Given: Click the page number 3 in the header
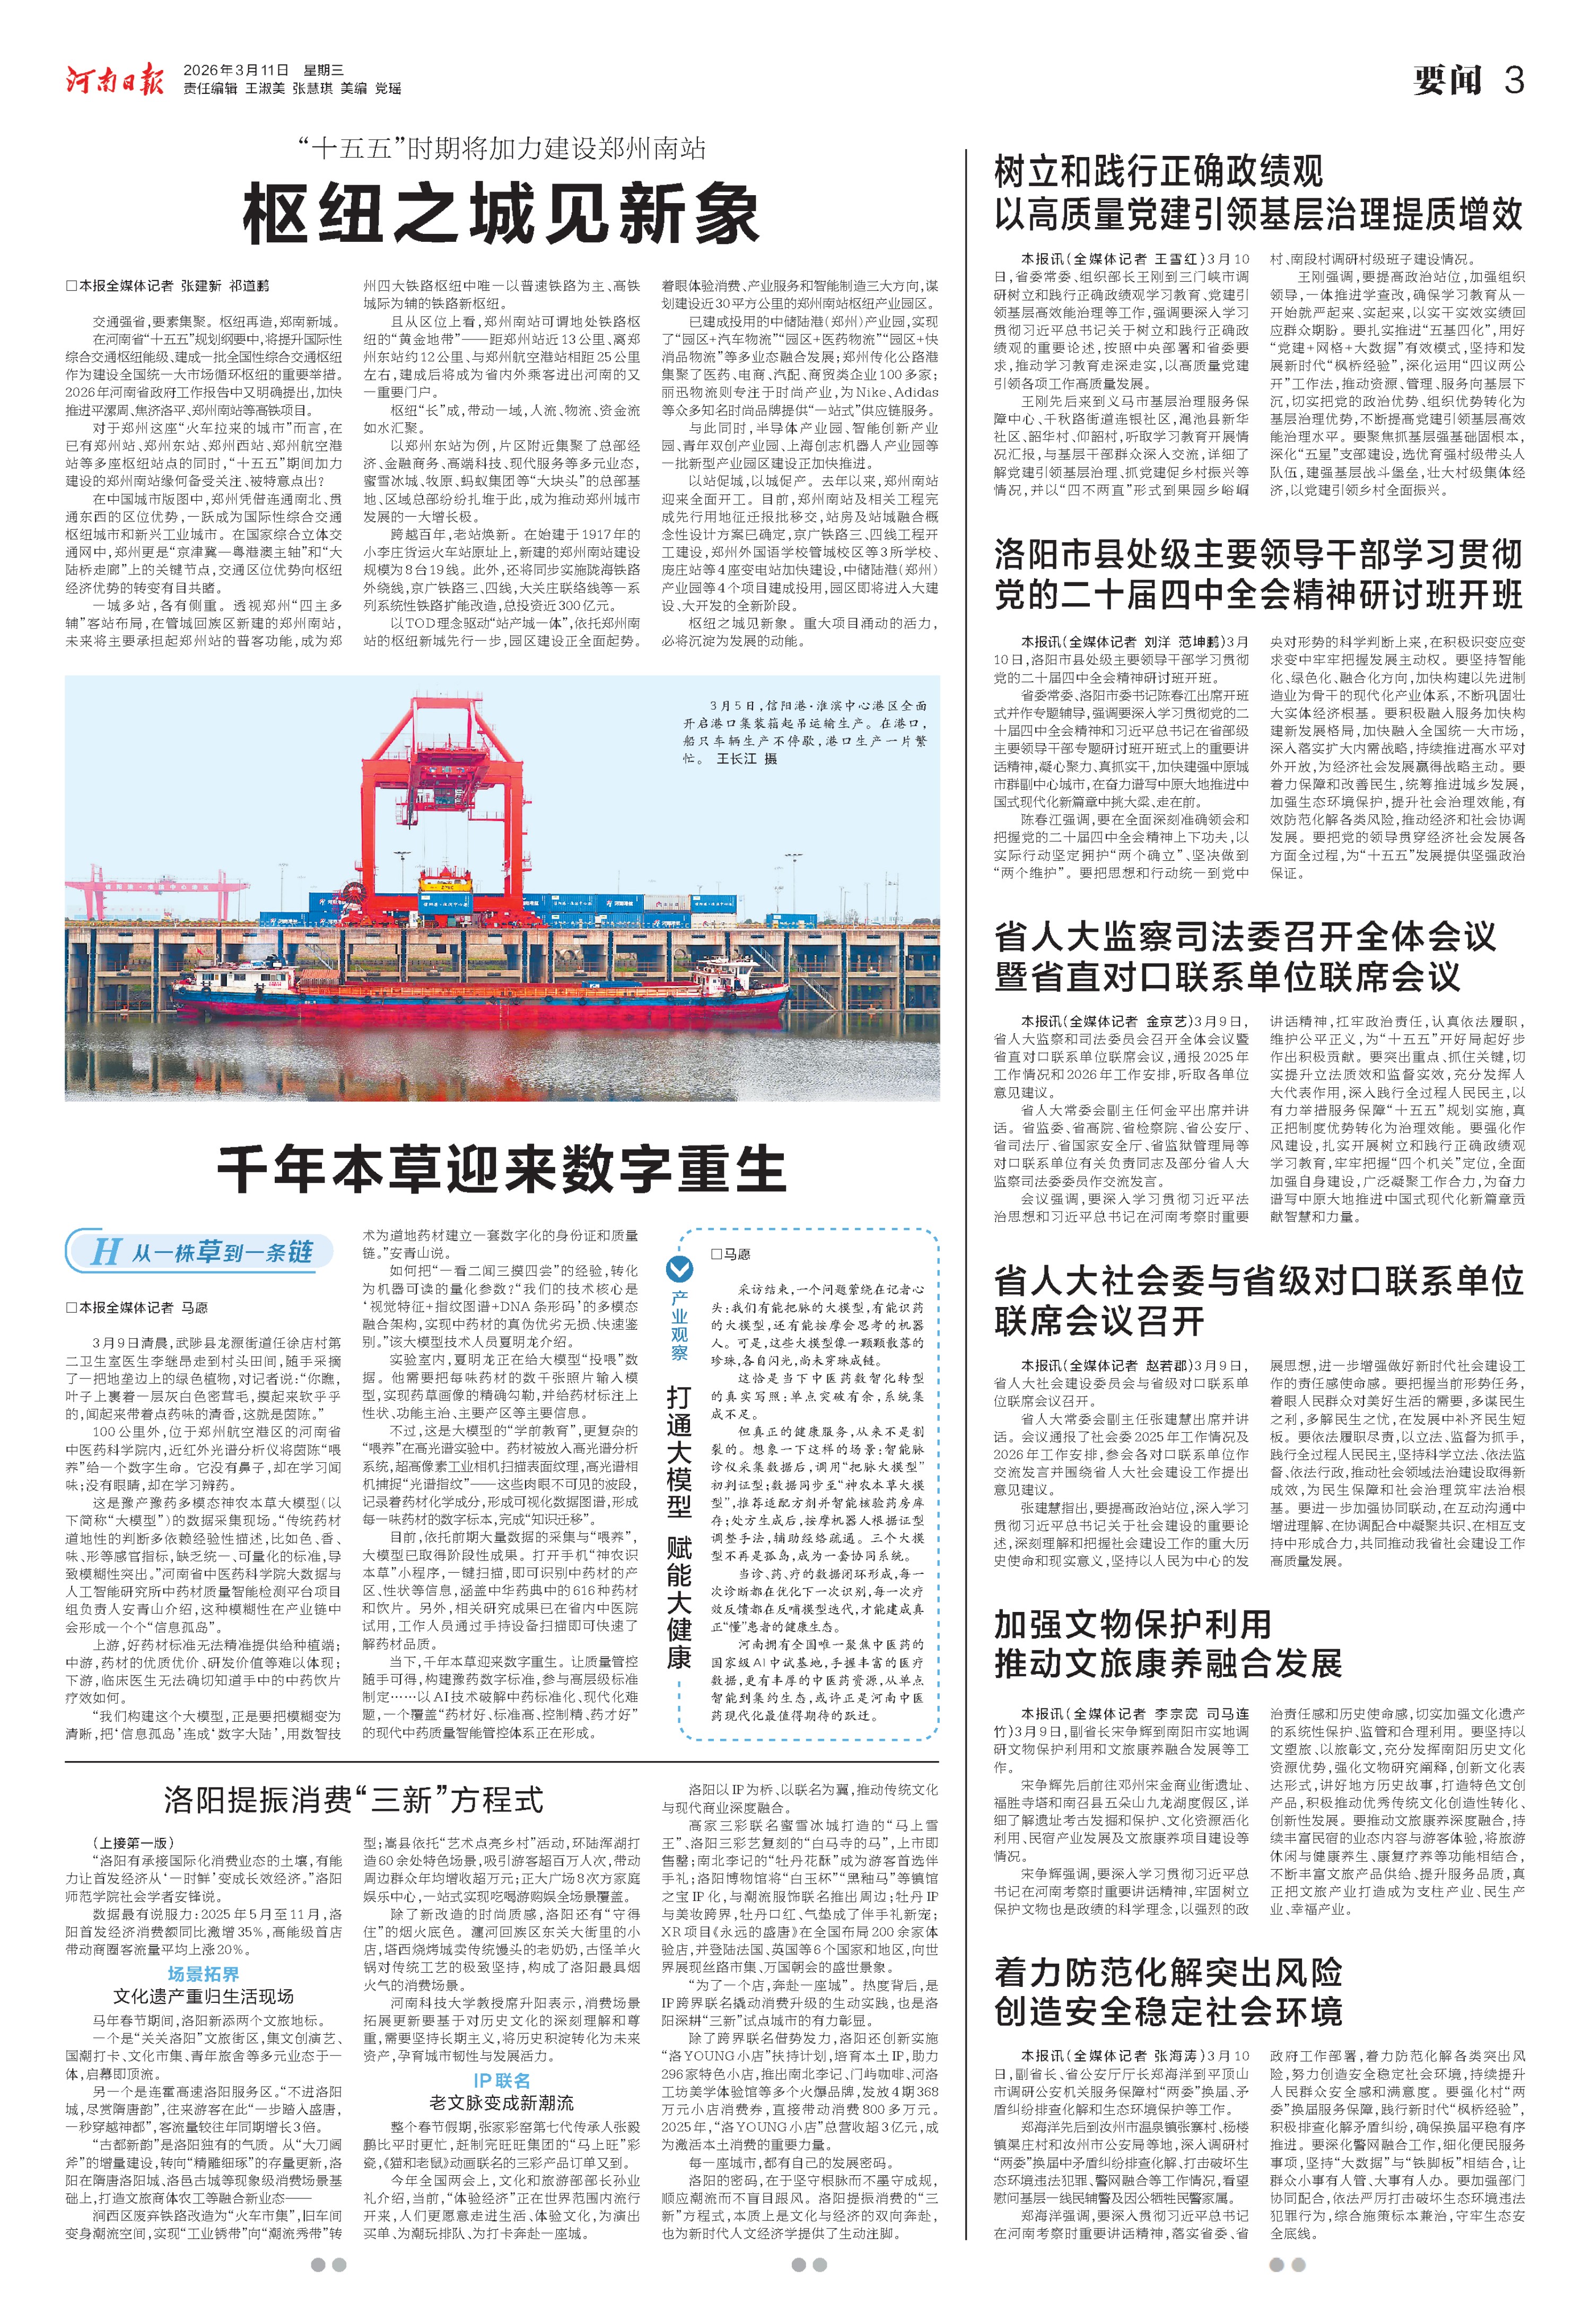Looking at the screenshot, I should point(1513,80).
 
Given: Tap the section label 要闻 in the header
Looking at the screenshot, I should point(1447,80).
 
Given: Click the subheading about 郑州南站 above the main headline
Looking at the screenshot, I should point(501,150).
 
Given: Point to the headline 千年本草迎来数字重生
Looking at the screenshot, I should point(501,1169).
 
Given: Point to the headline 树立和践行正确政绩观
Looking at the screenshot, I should point(1158,171).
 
